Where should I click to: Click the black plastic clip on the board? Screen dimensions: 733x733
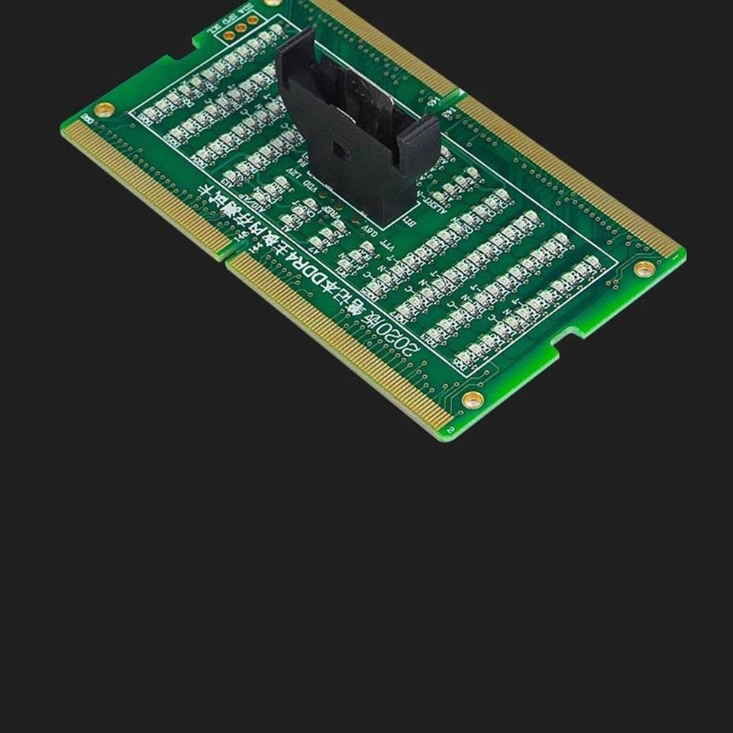[351, 130]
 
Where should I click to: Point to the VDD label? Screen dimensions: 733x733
[310, 186]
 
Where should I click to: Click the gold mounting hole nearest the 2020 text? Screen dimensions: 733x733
[472, 399]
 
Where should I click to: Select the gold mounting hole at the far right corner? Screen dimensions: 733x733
[644, 268]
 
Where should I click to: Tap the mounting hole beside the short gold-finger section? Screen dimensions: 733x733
[105, 109]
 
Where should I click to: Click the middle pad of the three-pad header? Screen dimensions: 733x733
[240, 28]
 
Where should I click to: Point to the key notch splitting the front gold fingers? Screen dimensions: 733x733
[227, 257]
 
